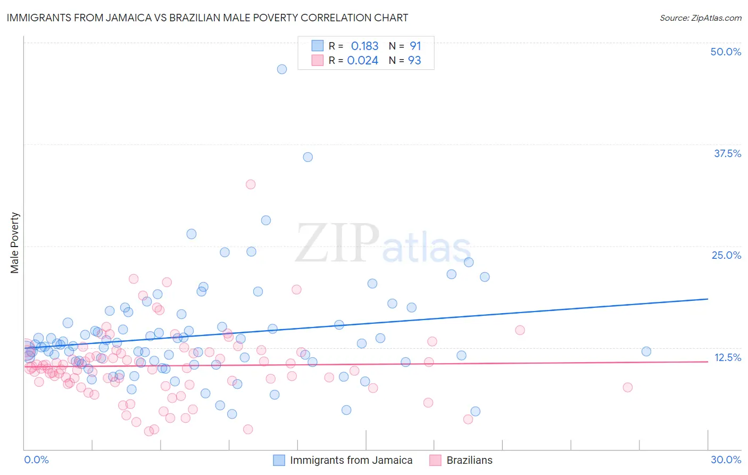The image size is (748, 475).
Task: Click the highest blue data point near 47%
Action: pos(282,69)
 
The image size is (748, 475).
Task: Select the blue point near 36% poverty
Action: pos(307,157)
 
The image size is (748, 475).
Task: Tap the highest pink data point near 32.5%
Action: pos(251,184)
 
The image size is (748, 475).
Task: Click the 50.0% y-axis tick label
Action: pos(726,52)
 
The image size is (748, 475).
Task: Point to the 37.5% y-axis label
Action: pos(727,153)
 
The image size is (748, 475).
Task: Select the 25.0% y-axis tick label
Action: pos(726,255)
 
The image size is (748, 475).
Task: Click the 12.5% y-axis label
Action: pos(727,357)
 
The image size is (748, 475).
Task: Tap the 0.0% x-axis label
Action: pos(36,460)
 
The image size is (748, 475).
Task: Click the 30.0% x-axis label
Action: pos(726,460)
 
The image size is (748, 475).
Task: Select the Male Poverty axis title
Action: pos(14,243)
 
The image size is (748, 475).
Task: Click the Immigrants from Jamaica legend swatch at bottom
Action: pos(279,460)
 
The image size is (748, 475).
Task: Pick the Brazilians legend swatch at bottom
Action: pos(436,460)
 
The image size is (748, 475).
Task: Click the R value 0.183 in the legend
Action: pos(364,46)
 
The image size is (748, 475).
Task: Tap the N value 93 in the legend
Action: pos(414,60)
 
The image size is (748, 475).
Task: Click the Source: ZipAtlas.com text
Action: pos(700,18)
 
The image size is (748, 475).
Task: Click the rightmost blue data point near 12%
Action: pos(646,351)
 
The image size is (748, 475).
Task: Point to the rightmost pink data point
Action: pos(628,387)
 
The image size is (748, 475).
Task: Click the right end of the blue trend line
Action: pos(708,299)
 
